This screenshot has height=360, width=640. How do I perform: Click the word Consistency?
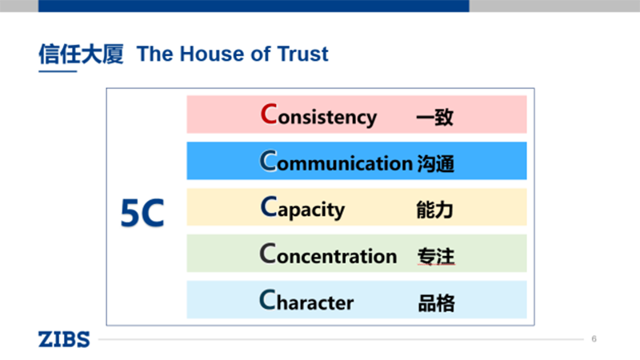tap(318, 115)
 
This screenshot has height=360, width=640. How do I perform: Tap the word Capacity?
tap(302, 209)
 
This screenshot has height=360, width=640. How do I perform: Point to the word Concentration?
tap(328, 255)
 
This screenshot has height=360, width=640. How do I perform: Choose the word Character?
tap(306, 302)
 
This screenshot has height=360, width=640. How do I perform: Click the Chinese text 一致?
tap(434, 118)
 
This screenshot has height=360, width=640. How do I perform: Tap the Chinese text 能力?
tap(434, 210)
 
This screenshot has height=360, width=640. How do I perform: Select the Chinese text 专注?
tap(435, 257)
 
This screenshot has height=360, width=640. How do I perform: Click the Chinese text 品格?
tap(435, 303)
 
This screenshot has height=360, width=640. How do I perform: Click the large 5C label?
tap(142, 213)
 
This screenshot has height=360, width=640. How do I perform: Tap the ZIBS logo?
tap(64, 338)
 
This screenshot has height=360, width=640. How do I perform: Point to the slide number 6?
tap(594, 338)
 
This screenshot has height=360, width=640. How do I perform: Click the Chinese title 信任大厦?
tap(81, 54)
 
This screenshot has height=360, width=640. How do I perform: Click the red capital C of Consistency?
tap(269, 114)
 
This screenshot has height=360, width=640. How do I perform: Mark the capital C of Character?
tap(268, 300)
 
